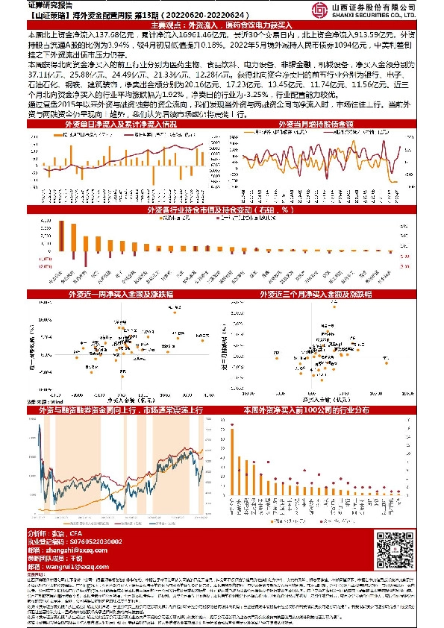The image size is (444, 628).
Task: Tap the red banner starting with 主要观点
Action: tap(222, 25)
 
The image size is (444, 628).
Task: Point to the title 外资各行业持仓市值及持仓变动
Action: tap(222, 210)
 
